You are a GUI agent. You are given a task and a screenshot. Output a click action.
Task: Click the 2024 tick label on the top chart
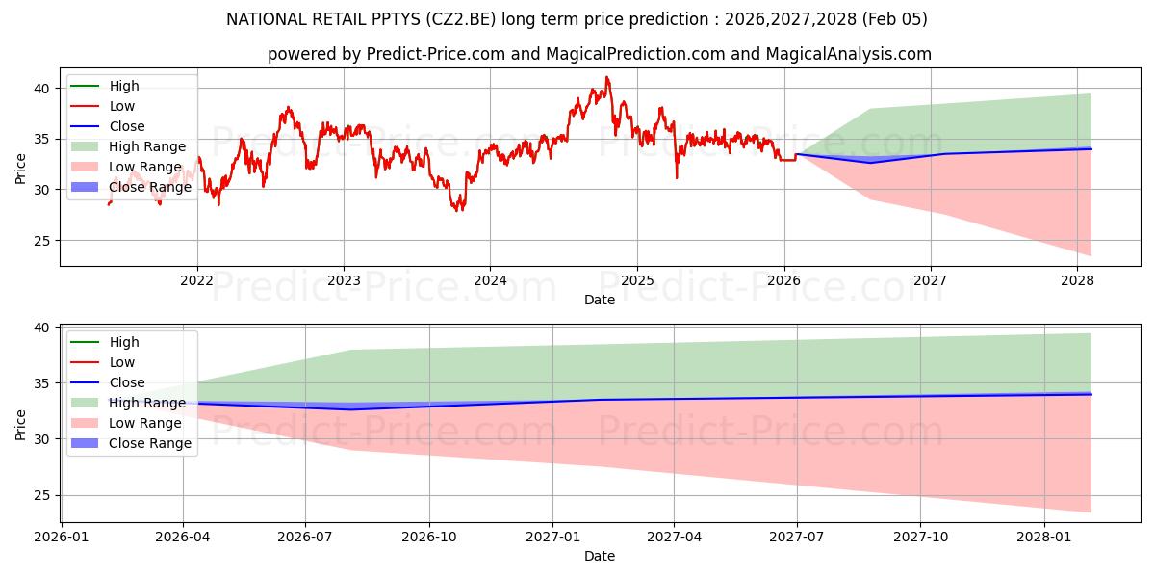pyautogui.click(x=490, y=281)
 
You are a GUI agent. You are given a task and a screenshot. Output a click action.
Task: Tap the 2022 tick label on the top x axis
pyautogui.click(x=197, y=281)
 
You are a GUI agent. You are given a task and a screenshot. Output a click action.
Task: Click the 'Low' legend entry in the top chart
pyautogui.click(x=122, y=106)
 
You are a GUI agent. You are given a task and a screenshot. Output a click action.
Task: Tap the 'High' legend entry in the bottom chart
pyautogui.click(x=124, y=342)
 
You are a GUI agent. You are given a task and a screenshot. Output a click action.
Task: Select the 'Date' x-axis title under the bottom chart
pyautogui.click(x=599, y=557)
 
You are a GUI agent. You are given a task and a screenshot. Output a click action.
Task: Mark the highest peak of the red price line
pyautogui.click(x=606, y=77)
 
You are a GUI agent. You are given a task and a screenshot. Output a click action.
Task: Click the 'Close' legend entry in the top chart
pyautogui.click(x=126, y=126)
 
